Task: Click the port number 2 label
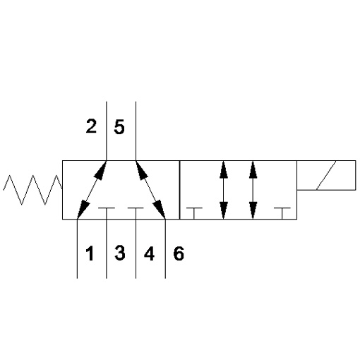click(x=91, y=126)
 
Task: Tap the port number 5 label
click(x=119, y=127)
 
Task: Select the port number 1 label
click(x=90, y=253)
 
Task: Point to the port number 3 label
click(x=120, y=253)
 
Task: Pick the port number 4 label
click(x=149, y=253)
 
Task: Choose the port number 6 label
click(x=179, y=253)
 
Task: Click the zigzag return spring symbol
click(x=33, y=190)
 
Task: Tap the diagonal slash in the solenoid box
click(x=326, y=175)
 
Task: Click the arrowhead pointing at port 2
click(x=100, y=170)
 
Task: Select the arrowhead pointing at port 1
click(x=83, y=210)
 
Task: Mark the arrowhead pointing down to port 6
click(x=159, y=210)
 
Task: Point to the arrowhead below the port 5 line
click(x=142, y=170)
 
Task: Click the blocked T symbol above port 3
click(x=107, y=213)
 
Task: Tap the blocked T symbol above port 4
click(x=136, y=213)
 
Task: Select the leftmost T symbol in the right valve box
click(x=194, y=213)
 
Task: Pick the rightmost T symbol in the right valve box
click(x=282, y=213)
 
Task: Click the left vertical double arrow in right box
click(x=224, y=190)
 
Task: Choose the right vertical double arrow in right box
click(x=253, y=190)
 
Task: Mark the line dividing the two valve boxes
click(x=180, y=190)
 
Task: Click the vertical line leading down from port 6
click(x=165, y=248)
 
